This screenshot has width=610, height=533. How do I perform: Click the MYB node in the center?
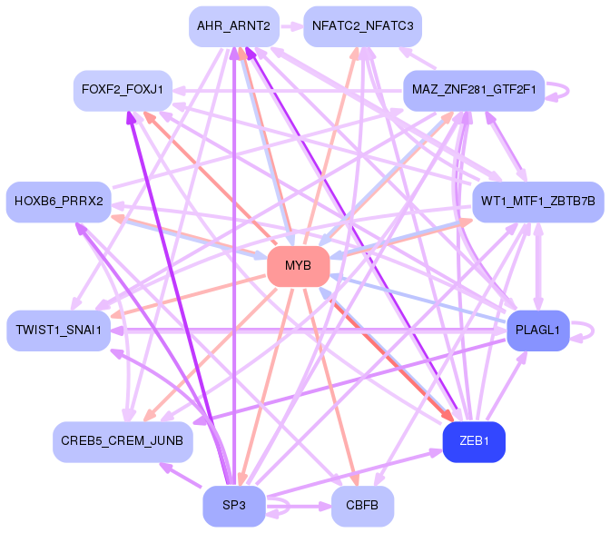[298, 266]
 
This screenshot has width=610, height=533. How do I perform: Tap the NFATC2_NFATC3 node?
[362, 26]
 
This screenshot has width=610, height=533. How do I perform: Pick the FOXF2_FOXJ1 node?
[122, 90]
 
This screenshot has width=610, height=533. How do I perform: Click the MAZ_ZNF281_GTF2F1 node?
[473, 91]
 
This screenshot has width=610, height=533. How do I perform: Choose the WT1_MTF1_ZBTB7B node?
[538, 201]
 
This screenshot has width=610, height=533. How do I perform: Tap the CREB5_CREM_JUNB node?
[122, 441]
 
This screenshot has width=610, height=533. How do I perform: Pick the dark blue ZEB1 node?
[473, 441]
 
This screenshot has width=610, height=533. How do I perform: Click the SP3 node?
[233, 506]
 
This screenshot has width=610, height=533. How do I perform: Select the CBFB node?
[362, 506]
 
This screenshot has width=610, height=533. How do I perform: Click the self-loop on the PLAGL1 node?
[588, 329]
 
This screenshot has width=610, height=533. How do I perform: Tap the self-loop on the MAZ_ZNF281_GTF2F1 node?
[560, 91]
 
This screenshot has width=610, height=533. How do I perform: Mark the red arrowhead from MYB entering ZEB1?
[447, 417]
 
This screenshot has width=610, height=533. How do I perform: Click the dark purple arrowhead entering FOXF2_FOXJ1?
[132, 116]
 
